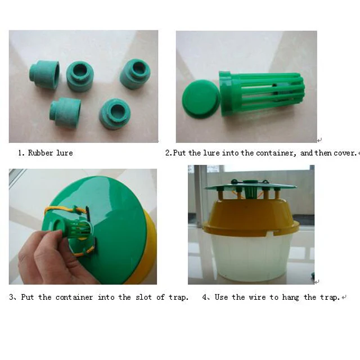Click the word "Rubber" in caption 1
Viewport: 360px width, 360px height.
pos(40,153)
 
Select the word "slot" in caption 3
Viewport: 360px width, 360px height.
pos(143,297)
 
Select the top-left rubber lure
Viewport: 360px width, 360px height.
pos(44,74)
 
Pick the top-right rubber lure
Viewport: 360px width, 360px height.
pos(135,74)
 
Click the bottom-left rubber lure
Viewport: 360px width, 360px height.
pos(65,112)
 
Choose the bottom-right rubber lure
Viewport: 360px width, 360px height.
pos(115,114)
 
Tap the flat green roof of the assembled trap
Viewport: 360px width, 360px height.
pos(251,186)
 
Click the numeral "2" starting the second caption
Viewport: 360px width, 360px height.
pos(168,153)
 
